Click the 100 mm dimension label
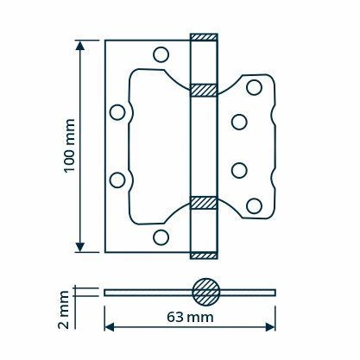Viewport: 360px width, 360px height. [x=69, y=145]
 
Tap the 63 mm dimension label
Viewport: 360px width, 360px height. [x=190, y=317]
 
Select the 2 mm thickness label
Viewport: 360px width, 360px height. [x=63, y=310]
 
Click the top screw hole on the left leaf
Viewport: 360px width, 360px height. [x=161, y=54]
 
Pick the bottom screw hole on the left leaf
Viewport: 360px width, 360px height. [x=161, y=237]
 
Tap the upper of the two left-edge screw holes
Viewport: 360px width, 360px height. [x=117, y=112]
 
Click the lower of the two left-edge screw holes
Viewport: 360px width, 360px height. [x=117, y=180]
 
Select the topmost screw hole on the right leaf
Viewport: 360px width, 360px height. [x=255, y=87]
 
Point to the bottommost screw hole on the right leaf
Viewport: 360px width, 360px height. [x=255, y=205]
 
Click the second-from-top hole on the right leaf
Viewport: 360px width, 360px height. [x=239, y=122]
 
